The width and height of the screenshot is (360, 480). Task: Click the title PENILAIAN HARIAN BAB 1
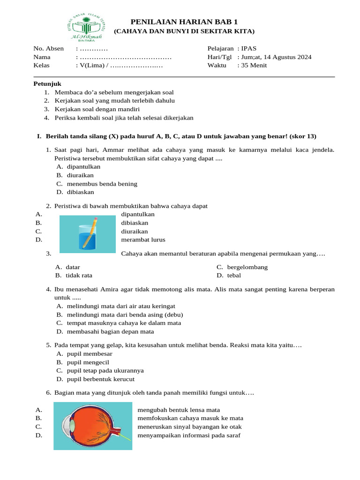(x=184, y=22)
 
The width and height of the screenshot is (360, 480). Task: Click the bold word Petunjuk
(x=45, y=83)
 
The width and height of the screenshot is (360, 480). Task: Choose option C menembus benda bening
(x=102, y=184)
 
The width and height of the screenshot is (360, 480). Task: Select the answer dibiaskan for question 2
(x=135, y=223)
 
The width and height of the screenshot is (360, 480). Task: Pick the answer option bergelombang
(x=247, y=267)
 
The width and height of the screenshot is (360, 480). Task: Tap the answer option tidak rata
(x=78, y=276)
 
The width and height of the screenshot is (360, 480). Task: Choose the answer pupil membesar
(x=89, y=354)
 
